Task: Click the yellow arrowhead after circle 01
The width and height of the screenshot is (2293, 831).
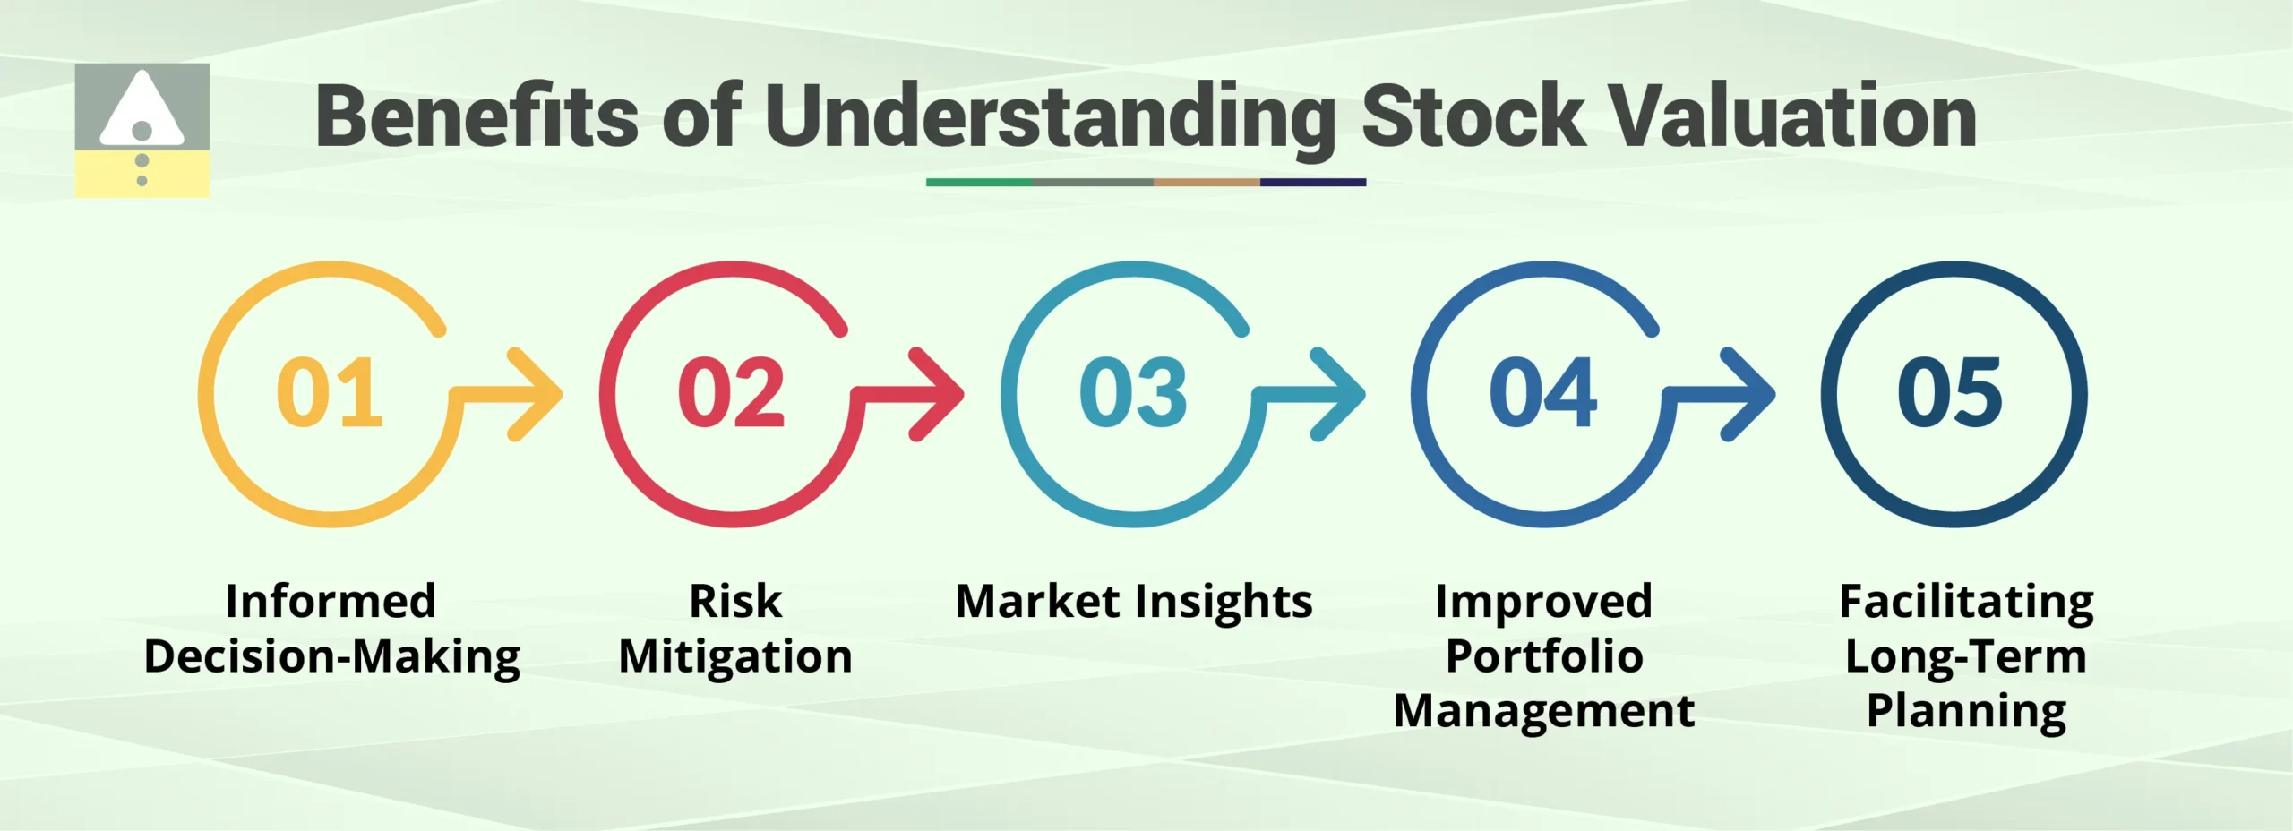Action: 537,394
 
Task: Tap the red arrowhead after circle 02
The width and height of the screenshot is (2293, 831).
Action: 939,394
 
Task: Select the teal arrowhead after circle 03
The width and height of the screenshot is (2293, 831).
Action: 1341,394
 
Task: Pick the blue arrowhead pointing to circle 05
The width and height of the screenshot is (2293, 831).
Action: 1749,394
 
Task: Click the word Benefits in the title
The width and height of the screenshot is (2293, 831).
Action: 477,116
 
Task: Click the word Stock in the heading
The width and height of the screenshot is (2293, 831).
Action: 1473,116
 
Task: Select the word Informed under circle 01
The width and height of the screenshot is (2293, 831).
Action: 331,601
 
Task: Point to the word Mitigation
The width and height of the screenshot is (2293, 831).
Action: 735,656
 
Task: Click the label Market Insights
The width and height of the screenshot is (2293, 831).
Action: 1134,601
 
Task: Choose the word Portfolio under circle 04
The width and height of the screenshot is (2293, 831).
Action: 1544,656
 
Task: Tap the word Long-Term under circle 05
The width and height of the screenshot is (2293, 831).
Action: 1966,656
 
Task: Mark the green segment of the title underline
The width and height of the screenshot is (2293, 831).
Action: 978,183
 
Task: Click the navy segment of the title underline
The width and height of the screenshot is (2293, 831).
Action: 1312,183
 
